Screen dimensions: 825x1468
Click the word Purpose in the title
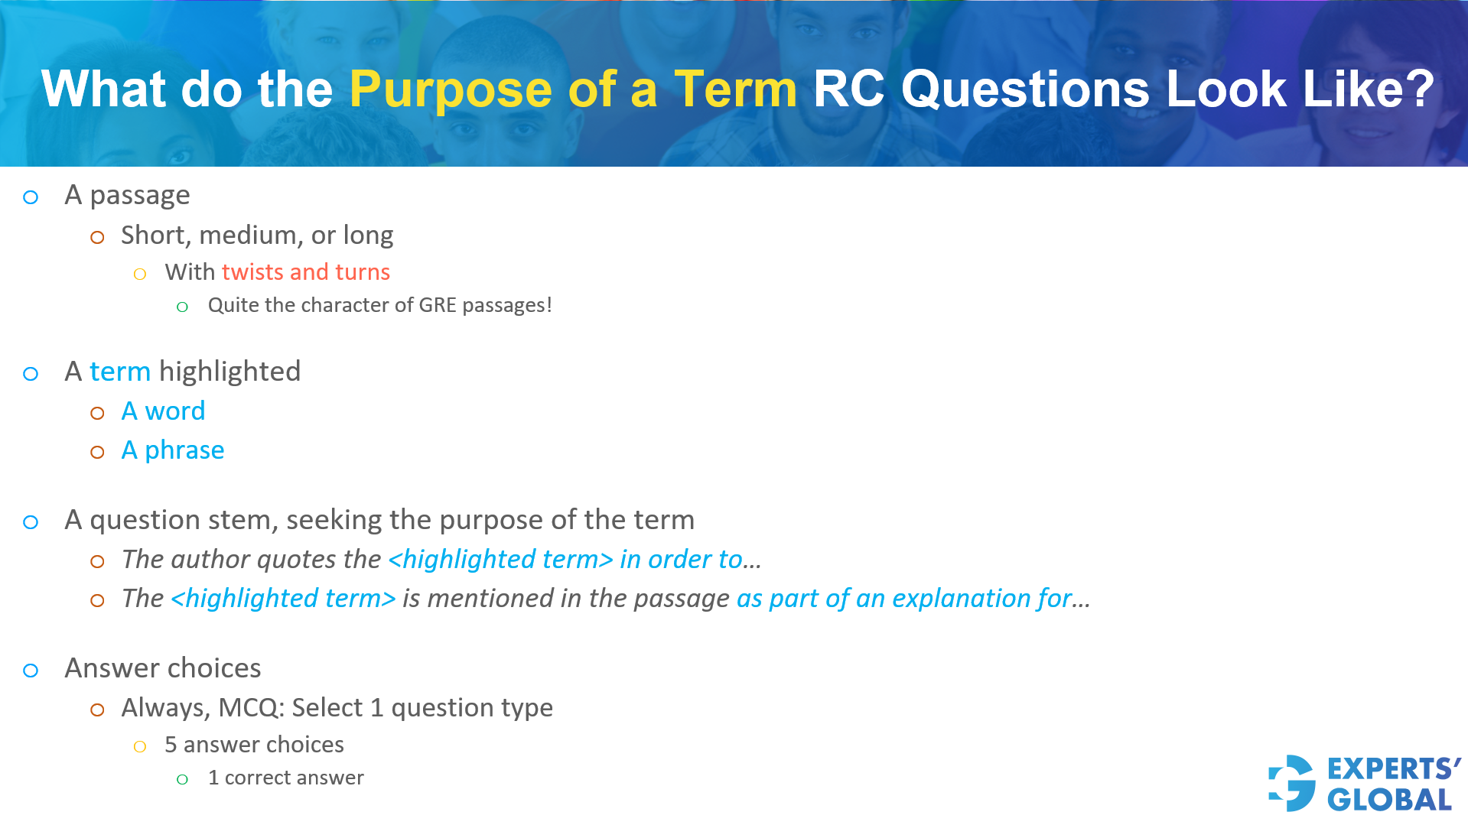450,89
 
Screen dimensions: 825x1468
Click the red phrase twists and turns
305,272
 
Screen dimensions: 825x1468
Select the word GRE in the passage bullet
438,305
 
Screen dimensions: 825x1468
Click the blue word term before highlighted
120,372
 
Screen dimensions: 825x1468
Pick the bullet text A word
163,411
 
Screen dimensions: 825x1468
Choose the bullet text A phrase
173,450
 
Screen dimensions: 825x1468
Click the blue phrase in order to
681,560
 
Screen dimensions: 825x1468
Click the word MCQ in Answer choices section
248,708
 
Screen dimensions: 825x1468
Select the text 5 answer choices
254,745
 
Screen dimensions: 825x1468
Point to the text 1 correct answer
285,778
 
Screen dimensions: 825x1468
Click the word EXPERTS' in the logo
1393,768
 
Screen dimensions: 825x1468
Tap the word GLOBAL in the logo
1389,801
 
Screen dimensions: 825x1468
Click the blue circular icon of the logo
1292,783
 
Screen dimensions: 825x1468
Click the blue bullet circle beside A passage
31,197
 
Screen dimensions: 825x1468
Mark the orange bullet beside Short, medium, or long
97,237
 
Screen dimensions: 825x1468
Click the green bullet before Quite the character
182,307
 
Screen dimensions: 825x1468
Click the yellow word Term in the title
735,89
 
